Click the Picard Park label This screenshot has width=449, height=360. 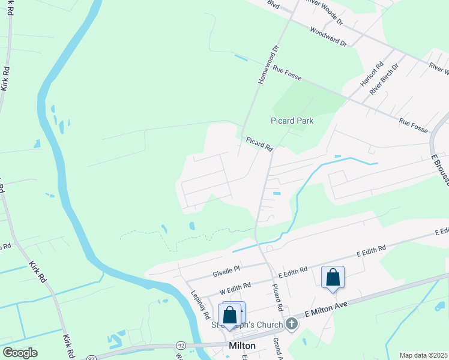292,121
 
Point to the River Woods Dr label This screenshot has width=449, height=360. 323,11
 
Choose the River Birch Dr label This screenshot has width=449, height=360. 384,79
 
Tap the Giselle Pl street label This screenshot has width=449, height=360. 226,271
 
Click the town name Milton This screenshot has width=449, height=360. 243,346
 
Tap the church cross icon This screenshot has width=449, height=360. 292,324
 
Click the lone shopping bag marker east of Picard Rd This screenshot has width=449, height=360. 333,278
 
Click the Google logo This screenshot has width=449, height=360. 20,353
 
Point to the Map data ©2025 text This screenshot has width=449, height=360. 423,355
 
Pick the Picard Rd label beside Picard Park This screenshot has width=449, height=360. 259,143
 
